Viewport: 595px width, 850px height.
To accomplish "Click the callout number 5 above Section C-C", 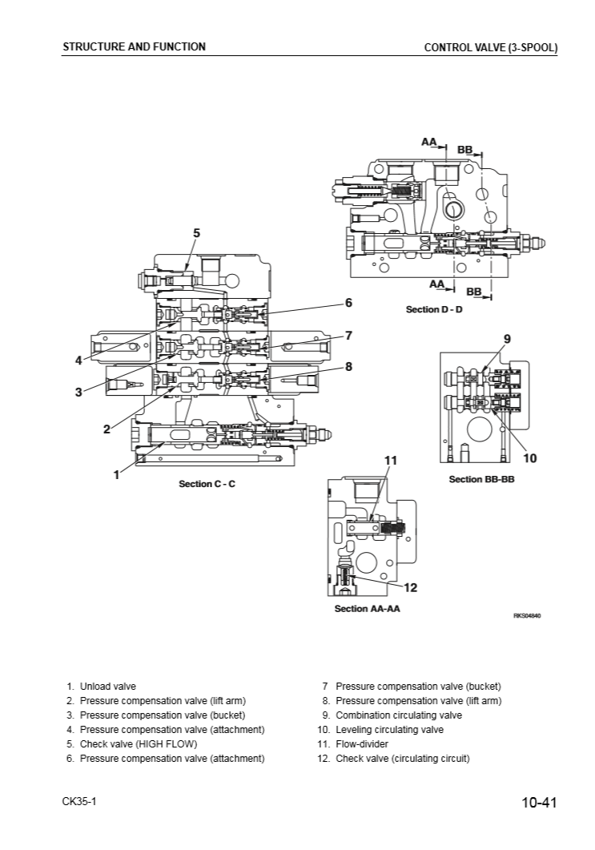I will [x=196, y=232].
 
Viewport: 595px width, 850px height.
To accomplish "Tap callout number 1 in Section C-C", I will [x=117, y=474].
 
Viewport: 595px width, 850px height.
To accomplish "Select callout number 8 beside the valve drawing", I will [x=348, y=366].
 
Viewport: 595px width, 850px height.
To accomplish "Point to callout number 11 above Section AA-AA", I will [x=391, y=460].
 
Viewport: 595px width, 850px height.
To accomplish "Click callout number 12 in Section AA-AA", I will [x=410, y=587].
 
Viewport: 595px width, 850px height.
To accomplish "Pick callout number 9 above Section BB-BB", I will [x=506, y=339].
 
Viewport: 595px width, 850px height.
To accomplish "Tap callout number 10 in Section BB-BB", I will [x=529, y=458].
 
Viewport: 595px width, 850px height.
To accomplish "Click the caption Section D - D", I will [x=434, y=309].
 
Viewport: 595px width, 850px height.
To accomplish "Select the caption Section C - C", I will [x=207, y=484].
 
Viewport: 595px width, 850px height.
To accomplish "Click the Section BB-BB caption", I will [x=480, y=479].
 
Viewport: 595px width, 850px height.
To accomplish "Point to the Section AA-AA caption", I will [x=367, y=609].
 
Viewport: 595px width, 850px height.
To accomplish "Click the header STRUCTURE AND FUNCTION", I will [x=134, y=46].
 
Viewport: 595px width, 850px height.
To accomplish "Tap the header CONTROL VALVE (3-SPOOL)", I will [x=490, y=47].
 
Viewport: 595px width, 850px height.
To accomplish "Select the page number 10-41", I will [x=538, y=803].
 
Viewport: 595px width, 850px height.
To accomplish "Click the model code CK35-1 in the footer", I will [x=79, y=802].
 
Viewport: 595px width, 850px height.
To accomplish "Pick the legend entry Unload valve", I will [x=107, y=687].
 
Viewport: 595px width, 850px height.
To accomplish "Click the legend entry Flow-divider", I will [x=364, y=744].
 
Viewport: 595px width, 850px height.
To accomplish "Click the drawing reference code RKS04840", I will [x=527, y=615].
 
